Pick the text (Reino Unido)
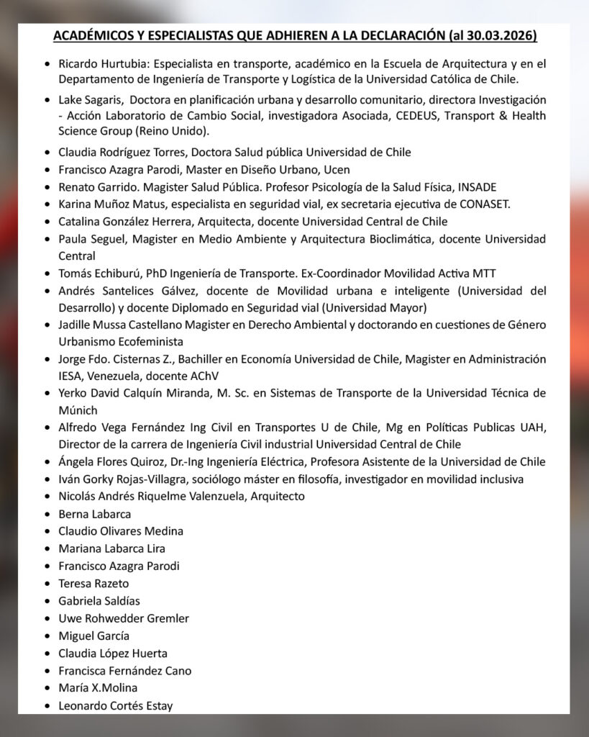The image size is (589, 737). tap(175, 131)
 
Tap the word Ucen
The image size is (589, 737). tap(336, 170)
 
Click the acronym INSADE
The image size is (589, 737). tap(473, 187)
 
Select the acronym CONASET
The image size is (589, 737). tap(483, 204)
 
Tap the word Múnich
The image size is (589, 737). tap(78, 410)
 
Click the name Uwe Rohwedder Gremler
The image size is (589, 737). tap(124, 618)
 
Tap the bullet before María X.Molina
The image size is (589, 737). tap(47, 688)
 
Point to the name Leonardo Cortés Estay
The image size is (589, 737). tap(116, 705)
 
